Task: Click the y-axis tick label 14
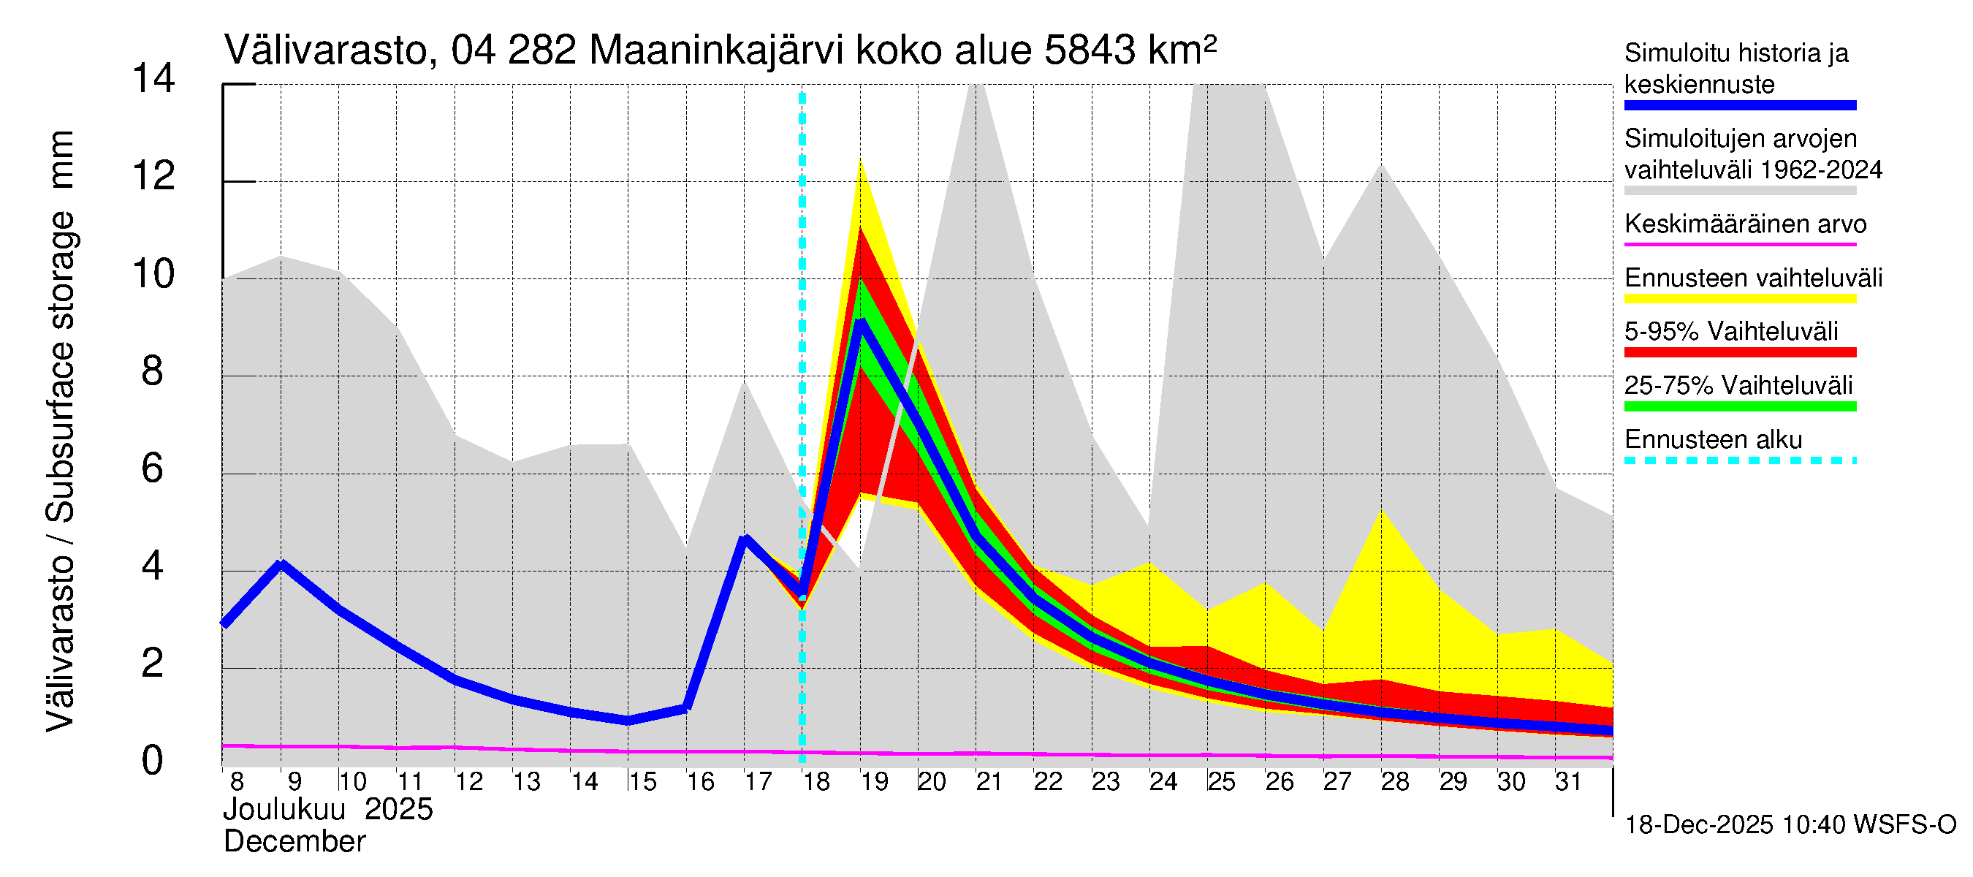coord(153,79)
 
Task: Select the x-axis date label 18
coord(816,782)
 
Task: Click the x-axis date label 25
coord(1222,782)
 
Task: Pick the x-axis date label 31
coord(1569,782)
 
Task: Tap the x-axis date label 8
coord(237,782)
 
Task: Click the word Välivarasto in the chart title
coord(325,51)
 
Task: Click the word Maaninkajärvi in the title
coord(716,51)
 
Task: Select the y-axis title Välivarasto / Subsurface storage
coord(61,431)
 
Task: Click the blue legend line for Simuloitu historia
coord(1739,106)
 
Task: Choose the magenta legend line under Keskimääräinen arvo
coord(1739,244)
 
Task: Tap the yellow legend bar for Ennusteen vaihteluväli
coord(1739,299)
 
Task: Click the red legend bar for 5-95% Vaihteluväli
coord(1739,352)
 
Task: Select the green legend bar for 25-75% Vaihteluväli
coord(1739,407)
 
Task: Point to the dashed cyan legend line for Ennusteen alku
coord(1739,460)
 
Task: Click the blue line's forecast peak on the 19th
coord(862,324)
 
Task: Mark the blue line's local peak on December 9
coord(282,565)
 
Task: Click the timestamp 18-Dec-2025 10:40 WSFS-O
coord(1790,826)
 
